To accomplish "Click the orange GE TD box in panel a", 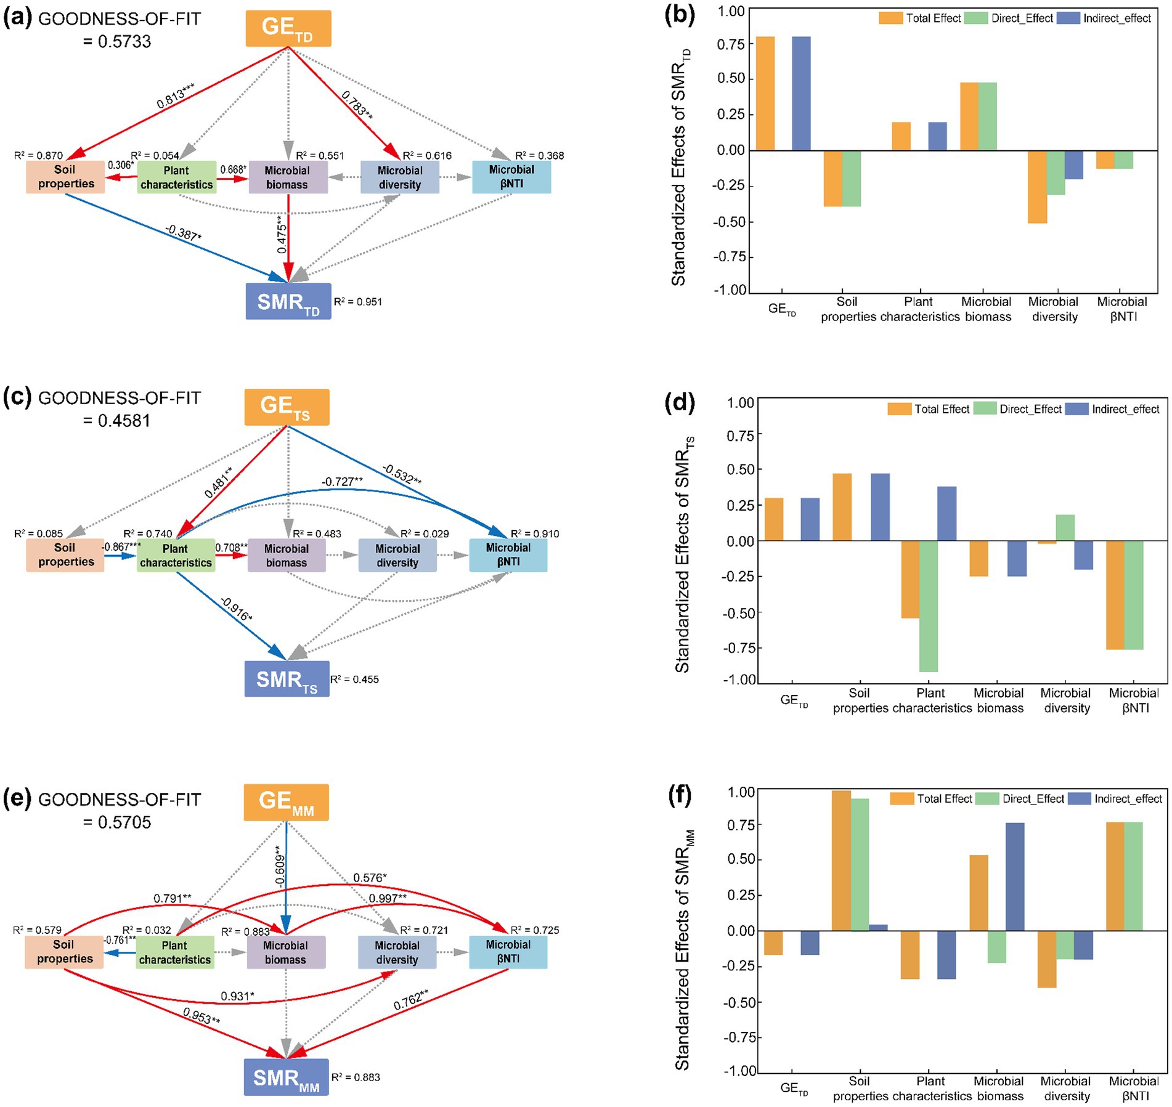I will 288,28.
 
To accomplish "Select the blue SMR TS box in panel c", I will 287,679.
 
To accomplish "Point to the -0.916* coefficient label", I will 235,608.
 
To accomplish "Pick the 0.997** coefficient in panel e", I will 388,899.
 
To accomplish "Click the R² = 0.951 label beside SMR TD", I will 357,302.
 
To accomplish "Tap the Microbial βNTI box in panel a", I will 511,177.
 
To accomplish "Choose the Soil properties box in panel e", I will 64,952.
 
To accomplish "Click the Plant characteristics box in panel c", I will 176,555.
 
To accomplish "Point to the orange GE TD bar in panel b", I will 765,93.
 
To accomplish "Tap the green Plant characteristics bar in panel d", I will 929,606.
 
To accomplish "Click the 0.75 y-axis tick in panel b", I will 731,44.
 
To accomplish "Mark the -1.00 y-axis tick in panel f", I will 739,1071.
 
